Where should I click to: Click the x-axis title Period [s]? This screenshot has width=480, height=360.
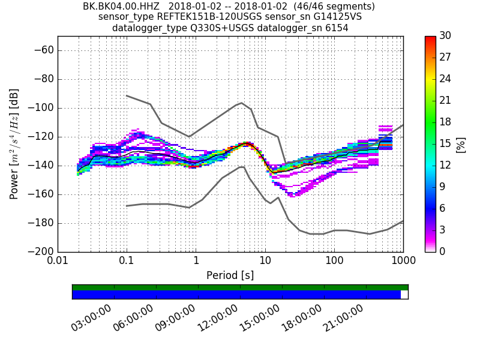coord(230,275)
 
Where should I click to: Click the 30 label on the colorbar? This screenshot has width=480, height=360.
coord(446,36)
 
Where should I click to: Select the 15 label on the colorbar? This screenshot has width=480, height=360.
coord(446,144)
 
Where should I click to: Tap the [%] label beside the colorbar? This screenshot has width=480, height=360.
coord(461,144)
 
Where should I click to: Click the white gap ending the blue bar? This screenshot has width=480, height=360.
coord(404,295)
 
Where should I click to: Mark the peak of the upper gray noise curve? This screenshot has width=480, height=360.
coord(241,103)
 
